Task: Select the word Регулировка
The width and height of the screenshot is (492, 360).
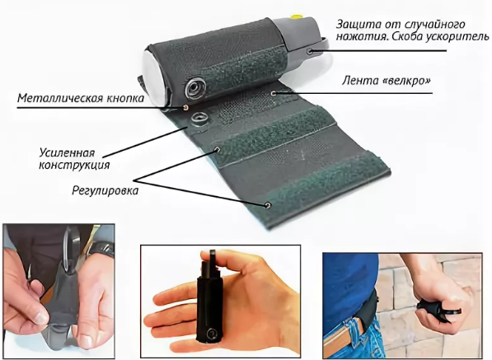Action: (105, 190)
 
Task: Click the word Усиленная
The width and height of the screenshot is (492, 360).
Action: (67, 153)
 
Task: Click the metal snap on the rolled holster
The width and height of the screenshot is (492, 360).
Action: (195, 88)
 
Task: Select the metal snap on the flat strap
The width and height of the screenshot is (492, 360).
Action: (199, 119)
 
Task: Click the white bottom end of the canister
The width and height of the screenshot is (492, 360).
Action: (153, 78)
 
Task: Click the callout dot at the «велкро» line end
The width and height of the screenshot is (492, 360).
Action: (274, 93)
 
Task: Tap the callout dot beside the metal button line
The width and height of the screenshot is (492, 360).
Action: (185, 108)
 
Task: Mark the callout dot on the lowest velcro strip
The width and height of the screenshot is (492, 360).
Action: (268, 205)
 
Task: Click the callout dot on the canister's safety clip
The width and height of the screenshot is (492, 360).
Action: (310, 50)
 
